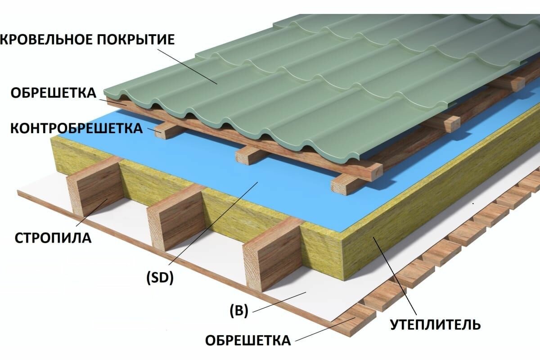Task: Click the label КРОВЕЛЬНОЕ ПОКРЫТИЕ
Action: (88, 40)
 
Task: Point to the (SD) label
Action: (160, 279)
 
